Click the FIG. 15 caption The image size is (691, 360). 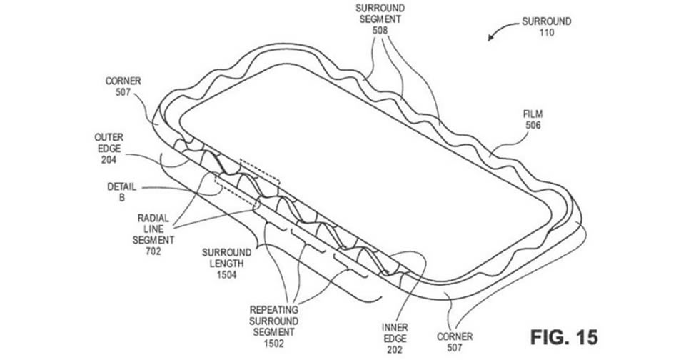pyautogui.click(x=564, y=336)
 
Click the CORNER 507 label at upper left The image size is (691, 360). pyautogui.click(x=123, y=86)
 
